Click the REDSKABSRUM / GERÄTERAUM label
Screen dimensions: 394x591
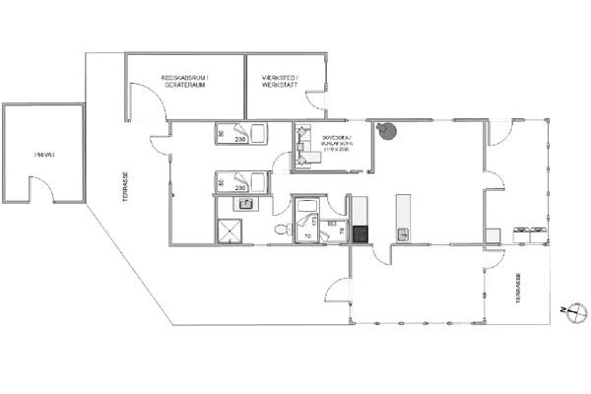pyautogui.click(x=185, y=81)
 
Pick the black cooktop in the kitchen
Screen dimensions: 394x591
pyautogui.click(x=361, y=234)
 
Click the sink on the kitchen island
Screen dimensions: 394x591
pyautogui.click(x=403, y=232)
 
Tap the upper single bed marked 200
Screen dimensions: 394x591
pyautogui.click(x=243, y=135)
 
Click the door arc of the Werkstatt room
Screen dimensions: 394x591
pyautogui.click(x=317, y=101)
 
